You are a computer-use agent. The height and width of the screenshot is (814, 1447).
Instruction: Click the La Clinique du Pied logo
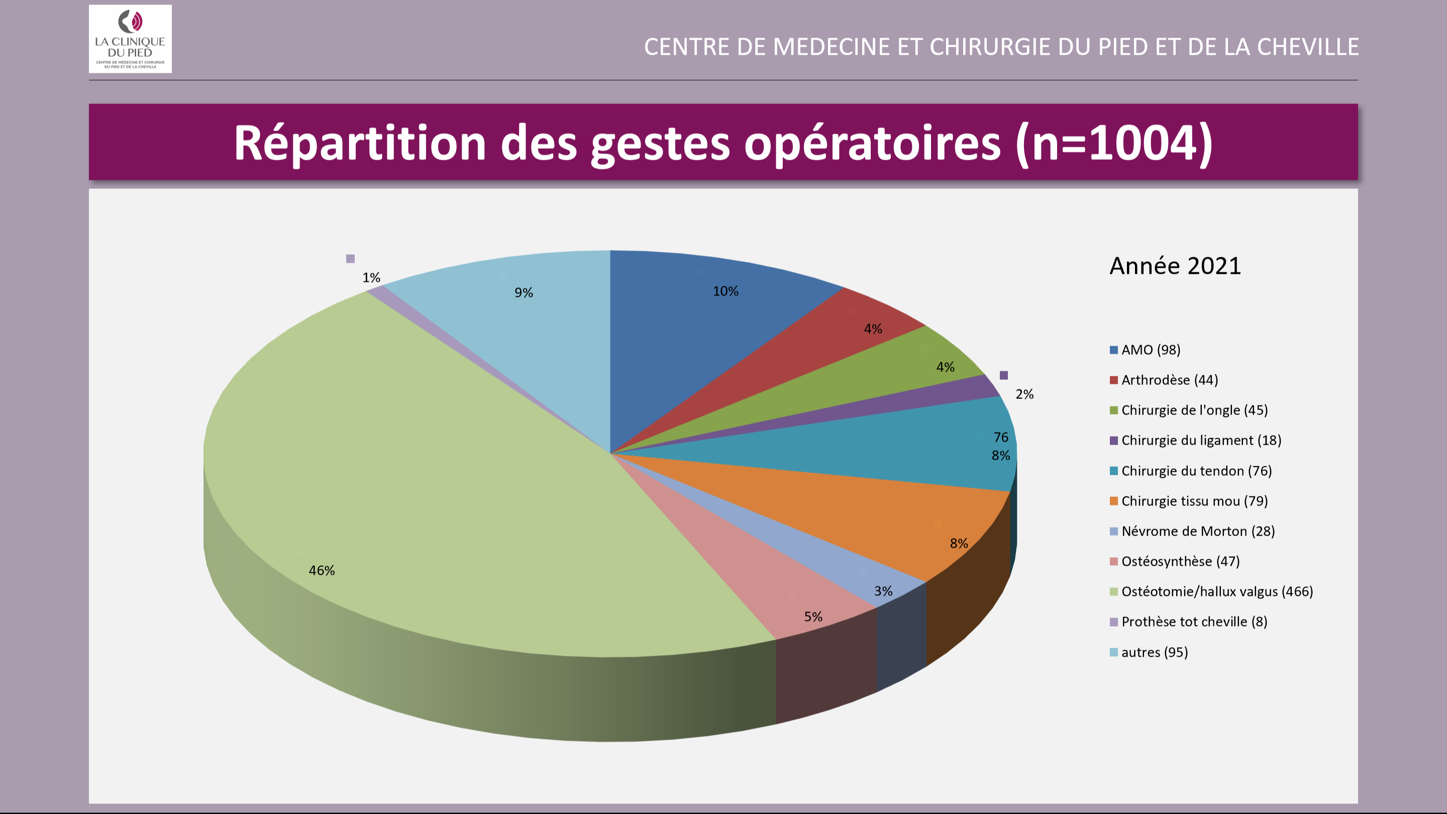[130, 39]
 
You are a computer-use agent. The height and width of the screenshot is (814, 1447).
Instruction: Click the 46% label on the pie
[322, 570]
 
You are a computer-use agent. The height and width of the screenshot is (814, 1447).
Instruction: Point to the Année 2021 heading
[1175, 266]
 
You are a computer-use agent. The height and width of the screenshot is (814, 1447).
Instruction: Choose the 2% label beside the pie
[1024, 394]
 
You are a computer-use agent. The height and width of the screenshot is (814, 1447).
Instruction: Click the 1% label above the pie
[371, 277]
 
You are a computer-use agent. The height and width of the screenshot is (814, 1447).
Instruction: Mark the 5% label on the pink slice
[813, 617]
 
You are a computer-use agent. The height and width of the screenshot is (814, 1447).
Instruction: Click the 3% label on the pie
[883, 591]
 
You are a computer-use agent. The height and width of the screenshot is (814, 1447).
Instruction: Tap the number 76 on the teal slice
[1000, 437]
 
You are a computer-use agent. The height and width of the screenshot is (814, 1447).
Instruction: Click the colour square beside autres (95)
[1113, 652]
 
